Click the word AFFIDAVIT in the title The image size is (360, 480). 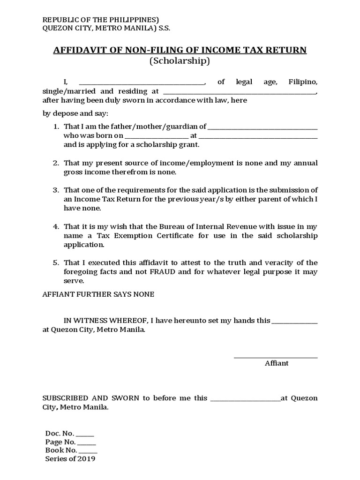point(78,50)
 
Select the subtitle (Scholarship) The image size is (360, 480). point(180,61)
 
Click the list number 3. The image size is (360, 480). point(55,190)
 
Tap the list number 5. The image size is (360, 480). point(55,262)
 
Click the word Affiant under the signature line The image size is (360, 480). point(277,363)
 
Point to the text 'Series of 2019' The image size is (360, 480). point(70,459)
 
